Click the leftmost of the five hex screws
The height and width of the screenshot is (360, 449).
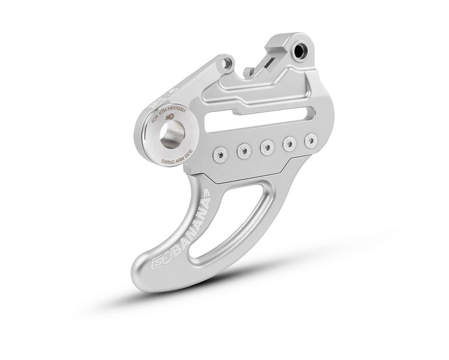tap(219, 152)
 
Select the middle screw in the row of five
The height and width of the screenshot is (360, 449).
tap(267, 147)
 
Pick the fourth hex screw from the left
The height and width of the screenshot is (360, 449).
tap(289, 143)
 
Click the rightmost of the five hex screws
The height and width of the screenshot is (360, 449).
tap(310, 140)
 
